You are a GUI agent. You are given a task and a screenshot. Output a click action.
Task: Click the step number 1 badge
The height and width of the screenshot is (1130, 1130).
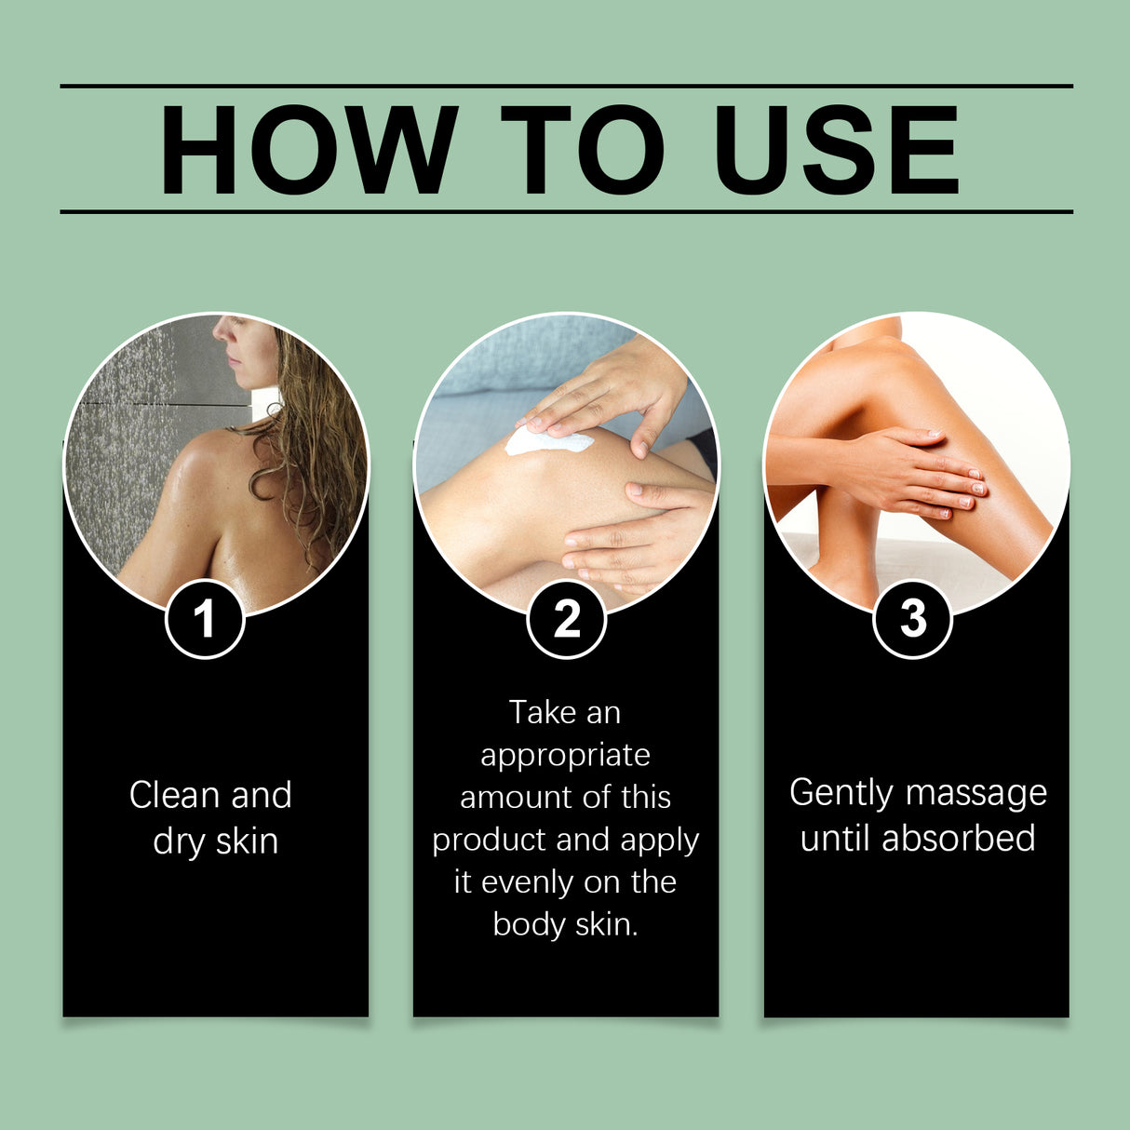pos(205,619)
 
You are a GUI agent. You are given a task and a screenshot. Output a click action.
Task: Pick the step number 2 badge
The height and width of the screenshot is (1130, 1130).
pos(566,619)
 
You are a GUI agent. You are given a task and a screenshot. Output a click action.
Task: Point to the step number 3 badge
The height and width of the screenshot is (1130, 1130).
pos(913,619)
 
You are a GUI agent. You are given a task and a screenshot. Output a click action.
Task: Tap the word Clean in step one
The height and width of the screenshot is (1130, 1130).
pos(175,795)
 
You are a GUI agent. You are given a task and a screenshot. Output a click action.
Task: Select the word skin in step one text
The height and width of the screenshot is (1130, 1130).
pos(247,841)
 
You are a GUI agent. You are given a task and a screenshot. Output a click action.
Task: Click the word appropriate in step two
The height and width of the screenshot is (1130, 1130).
pos(565,755)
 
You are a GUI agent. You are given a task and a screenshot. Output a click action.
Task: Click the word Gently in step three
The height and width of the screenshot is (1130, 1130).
pos(841,793)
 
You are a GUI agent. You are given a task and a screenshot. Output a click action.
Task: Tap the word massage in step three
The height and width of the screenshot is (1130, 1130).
pos(976,793)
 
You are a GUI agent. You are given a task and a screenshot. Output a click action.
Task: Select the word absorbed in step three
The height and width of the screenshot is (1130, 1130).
pos(958,838)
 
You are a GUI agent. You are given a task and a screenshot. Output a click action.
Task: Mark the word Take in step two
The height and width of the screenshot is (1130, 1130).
pos(543,712)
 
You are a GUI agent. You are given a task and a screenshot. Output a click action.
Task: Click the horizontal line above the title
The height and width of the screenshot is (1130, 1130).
pos(566,86)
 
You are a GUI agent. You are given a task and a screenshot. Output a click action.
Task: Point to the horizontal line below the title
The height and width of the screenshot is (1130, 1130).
pos(566,211)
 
